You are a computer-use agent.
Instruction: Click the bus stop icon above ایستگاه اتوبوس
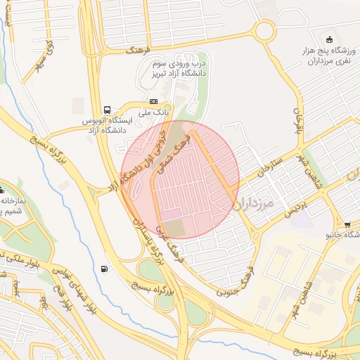[107, 110]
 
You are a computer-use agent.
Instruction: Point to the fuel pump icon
[105, 268]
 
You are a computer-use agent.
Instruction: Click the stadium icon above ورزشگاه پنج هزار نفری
[331, 37]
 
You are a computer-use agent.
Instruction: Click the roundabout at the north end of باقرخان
[266, 30]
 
